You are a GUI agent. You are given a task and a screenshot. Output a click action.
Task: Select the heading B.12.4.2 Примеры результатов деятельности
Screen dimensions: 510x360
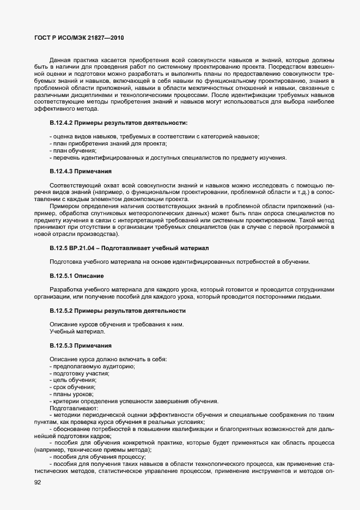(x=118, y=123)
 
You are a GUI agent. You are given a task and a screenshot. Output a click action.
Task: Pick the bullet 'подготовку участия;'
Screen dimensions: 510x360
(x=80, y=373)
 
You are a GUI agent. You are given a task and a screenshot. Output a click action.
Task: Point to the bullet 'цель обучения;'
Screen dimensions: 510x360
(x=73, y=380)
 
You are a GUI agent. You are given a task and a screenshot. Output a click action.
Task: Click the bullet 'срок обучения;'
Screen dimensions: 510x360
(x=72, y=387)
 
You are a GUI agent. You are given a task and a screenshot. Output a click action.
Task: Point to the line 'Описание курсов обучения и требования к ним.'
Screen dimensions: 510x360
(x=117, y=325)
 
